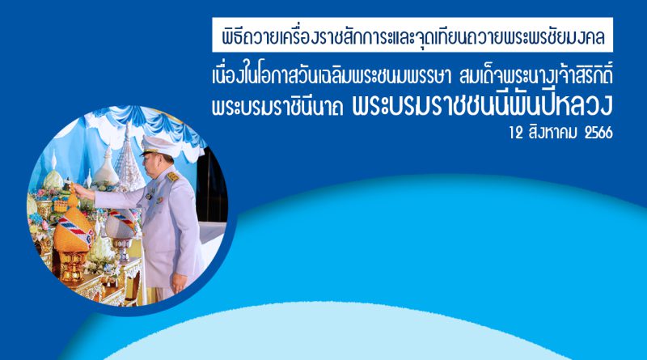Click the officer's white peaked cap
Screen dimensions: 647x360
click(x=158, y=146)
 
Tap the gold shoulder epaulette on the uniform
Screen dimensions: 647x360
click(x=172, y=176)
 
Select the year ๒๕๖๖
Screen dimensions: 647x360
click(x=598, y=133)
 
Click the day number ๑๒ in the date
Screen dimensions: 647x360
click(x=516, y=133)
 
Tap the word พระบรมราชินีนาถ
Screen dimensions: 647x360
click(x=277, y=106)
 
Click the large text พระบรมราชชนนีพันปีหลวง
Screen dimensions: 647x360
click(x=483, y=104)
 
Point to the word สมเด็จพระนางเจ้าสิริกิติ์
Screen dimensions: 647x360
click(x=535, y=76)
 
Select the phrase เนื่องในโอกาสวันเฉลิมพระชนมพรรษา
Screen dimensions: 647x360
click(x=332, y=77)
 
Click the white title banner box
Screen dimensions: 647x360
click(x=412, y=35)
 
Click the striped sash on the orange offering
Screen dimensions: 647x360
click(x=76, y=230)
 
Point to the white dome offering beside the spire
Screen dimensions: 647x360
click(x=106, y=169)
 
